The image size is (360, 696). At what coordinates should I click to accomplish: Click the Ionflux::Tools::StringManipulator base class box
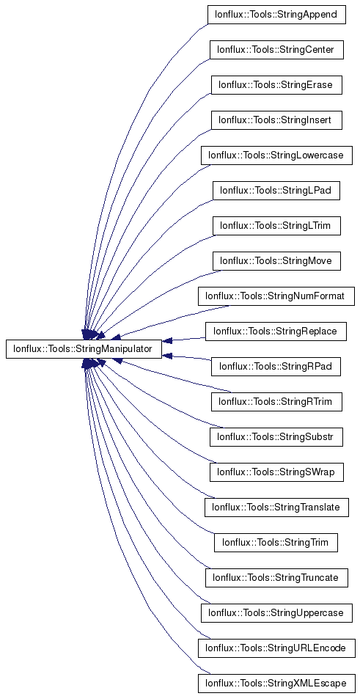(84, 349)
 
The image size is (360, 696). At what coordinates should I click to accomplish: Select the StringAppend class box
(276, 15)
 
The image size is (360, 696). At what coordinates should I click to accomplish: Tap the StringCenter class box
(276, 50)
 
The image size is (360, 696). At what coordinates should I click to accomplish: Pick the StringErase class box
(276, 85)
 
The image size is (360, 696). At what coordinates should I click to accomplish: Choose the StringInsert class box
(276, 120)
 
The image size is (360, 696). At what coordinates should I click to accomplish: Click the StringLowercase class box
(276, 155)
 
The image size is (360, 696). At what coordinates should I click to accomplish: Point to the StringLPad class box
(276, 191)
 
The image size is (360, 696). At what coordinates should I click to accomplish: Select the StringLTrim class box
(276, 226)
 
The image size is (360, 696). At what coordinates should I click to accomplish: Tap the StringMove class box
(276, 261)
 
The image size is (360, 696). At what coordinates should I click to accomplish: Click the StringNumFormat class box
(276, 296)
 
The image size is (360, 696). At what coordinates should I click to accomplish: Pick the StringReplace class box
(276, 331)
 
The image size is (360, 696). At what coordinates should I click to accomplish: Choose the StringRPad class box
(276, 367)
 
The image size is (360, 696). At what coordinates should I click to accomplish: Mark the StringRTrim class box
(276, 402)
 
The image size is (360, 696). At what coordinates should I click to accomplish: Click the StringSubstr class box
(276, 437)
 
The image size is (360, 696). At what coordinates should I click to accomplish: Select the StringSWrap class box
(276, 472)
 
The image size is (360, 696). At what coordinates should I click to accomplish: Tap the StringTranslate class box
(276, 508)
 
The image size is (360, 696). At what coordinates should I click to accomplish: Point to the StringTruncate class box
(276, 578)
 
